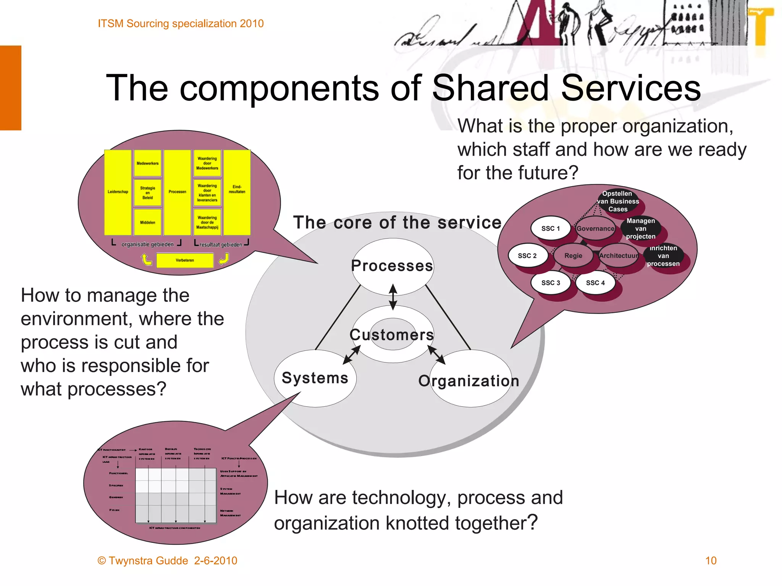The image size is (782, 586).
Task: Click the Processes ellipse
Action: click(x=393, y=266)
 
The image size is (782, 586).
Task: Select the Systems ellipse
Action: click(x=315, y=378)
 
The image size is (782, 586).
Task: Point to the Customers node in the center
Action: click(x=393, y=335)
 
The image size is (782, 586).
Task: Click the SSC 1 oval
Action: click(x=551, y=229)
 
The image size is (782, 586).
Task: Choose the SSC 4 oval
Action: click(x=595, y=283)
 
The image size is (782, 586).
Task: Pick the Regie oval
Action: click(x=573, y=256)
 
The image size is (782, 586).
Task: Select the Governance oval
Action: click(x=595, y=229)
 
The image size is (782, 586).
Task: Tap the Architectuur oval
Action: click(x=619, y=256)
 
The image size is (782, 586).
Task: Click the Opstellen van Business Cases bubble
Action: click(x=618, y=201)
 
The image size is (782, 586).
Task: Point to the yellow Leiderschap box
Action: click(x=118, y=192)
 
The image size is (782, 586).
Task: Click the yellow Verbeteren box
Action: click(x=185, y=260)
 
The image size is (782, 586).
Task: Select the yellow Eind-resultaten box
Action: click(x=237, y=192)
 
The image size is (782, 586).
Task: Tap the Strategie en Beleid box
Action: click(x=147, y=193)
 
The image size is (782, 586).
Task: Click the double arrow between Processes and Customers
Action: click(x=393, y=297)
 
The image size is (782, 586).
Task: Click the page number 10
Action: click(x=711, y=560)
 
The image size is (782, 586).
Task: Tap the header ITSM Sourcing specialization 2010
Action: click(x=181, y=24)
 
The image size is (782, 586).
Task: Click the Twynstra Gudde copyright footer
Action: click(x=167, y=560)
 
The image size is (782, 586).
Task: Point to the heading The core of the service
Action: click(x=397, y=222)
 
